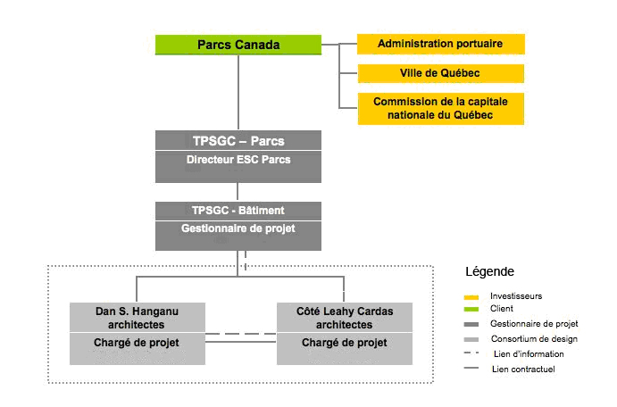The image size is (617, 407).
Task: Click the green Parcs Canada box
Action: click(x=238, y=45)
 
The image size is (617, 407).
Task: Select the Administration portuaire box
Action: click(x=441, y=44)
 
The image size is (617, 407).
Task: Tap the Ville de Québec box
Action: click(x=441, y=73)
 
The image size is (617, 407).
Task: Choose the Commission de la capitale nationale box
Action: click(x=441, y=109)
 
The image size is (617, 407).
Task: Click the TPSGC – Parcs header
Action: click(x=238, y=141)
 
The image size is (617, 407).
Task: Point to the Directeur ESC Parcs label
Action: click(x=238, y=160)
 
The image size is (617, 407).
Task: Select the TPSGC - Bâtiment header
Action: click(x=238, y=211)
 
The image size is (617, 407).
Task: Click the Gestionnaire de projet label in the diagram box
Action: click(x=238, y=228)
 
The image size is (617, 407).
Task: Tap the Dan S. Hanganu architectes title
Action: click(x=137, y=318)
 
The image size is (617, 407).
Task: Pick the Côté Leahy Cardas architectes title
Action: click(x=345, y=318)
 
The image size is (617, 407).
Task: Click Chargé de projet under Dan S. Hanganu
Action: click(x=137, y=343)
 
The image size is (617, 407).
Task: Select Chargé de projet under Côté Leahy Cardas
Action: click(x=345, y=343)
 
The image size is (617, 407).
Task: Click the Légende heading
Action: click(x=489, y=271)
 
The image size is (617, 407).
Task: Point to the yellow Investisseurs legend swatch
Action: click(x=471, y=297)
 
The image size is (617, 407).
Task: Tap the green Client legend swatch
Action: click(x=471, y=310)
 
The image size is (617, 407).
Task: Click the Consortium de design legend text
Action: click(x=534, y=339)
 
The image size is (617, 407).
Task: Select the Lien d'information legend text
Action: click(x=529, y=354)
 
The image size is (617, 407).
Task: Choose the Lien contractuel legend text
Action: click(x=523, y=370)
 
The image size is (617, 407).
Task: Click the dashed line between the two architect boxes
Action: click(x=241, y=334)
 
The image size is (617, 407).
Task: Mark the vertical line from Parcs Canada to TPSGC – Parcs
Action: click(x=238, y=93)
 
